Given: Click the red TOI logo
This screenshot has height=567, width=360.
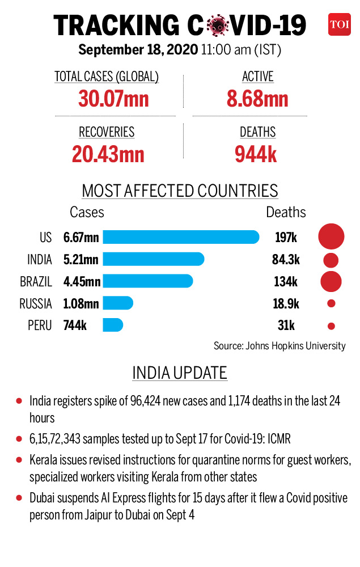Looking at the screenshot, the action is click(x=339, y=24).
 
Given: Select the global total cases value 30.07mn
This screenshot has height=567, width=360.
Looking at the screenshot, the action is click(x=113, y=99).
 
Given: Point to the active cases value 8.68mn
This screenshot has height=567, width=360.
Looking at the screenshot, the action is click(x=257, y=99).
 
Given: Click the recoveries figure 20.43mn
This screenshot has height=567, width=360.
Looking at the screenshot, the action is click(x=108, y=154).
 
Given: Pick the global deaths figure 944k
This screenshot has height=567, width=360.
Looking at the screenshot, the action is click(x=256, y=154).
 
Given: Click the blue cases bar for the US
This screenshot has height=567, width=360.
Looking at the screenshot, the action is click(x=181, y=237).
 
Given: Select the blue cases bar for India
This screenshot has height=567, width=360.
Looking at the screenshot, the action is click(x=153, y=259).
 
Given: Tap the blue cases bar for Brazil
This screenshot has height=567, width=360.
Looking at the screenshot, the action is click(x=148, y=281).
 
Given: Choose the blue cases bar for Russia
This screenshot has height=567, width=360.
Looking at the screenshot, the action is click(x=118, y=303).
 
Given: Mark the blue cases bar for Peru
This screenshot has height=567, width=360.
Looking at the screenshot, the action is click(x=113, y=325).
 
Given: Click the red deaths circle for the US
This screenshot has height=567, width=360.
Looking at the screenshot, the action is click(x=331, y=236).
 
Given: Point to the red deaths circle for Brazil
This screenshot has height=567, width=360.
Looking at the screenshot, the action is click(x=331, y=281).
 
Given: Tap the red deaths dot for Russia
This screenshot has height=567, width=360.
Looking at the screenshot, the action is click(x=331, y=303).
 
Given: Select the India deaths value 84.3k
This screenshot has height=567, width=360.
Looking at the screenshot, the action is click(x=286, y=259).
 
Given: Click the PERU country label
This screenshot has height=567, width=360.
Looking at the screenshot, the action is click(x=40, y=325).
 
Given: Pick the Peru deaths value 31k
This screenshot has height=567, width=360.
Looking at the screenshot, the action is click(x=286, y=325).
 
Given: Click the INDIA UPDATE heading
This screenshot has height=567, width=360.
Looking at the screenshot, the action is click(x=180, y=373).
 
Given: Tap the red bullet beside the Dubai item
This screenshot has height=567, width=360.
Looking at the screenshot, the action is click(x=19, y=498).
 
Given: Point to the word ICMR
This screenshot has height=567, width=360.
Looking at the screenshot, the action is click(x=279, y=439).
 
